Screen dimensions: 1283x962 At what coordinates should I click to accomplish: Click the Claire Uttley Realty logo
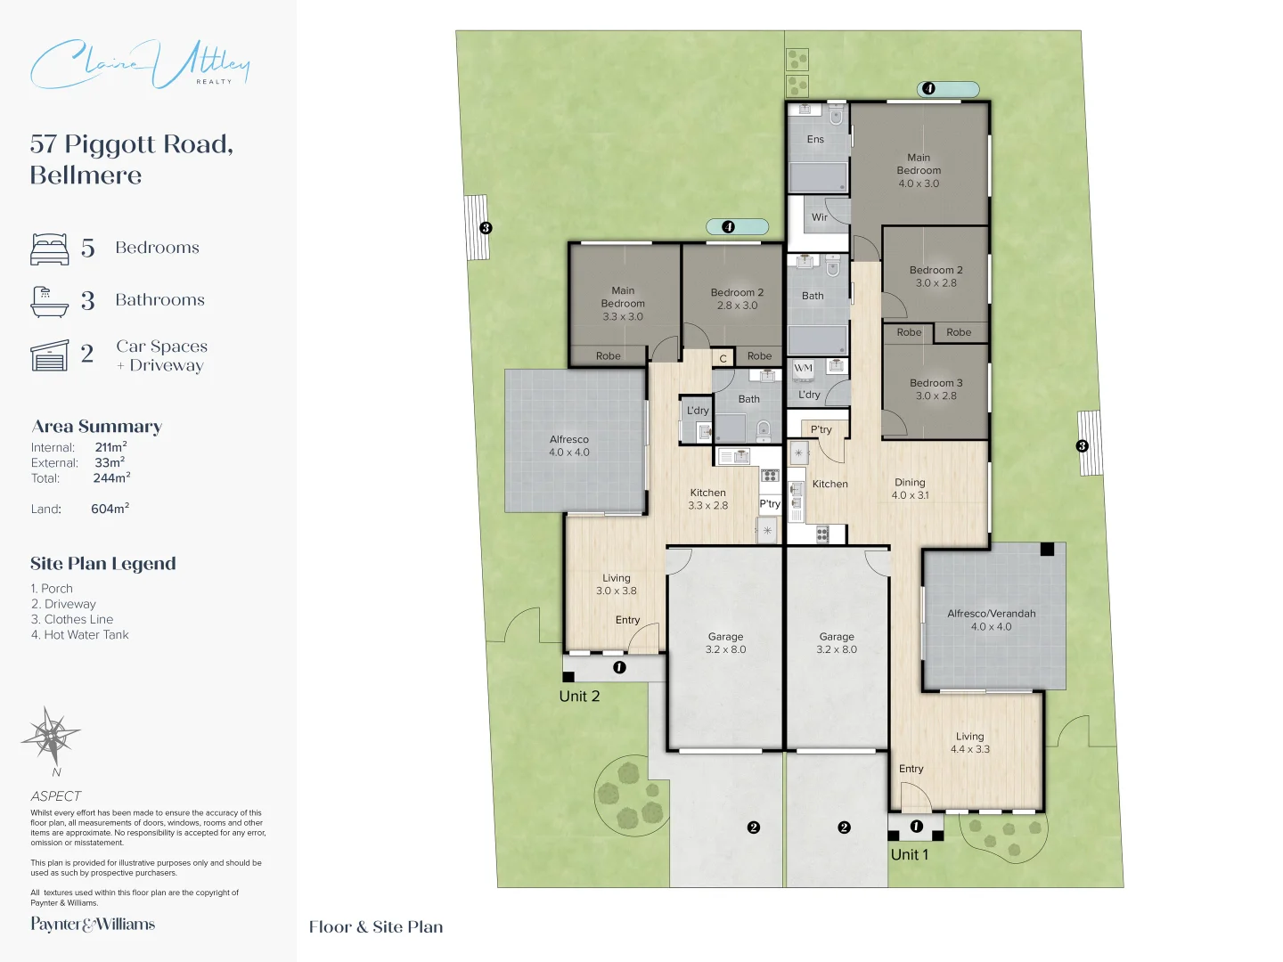pos(140,64)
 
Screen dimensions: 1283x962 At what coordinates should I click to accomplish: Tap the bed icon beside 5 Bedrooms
pos(50,249)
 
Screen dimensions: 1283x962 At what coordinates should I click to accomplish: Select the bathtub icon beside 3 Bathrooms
pos(50,301)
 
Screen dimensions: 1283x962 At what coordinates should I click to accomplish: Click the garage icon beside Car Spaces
pos(50,355)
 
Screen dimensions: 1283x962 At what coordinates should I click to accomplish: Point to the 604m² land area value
pos(110,508)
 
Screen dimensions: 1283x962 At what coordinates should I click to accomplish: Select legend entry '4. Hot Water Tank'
pos(79,634)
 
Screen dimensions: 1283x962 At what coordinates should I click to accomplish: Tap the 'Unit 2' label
pos(579,697)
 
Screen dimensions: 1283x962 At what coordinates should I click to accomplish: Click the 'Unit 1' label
pos(910,854)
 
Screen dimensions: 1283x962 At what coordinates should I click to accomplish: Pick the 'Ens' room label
pos(815,139)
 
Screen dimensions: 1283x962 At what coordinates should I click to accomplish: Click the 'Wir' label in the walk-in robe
pos(820,217)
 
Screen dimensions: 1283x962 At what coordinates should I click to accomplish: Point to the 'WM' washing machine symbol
pos(803,368)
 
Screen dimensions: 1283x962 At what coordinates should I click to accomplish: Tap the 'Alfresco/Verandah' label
pos(992,614)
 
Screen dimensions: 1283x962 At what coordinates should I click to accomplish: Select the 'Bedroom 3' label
pos(936,383)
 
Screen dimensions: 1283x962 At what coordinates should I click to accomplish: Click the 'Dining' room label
pos(910,483)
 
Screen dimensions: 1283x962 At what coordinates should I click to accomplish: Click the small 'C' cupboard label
pos(723,359)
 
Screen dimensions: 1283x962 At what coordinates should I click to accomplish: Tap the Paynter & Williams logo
pos(93,924)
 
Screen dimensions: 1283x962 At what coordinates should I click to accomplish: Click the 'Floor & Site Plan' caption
pos(376,927)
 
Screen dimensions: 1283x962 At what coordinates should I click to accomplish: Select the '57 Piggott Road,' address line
pos(132,144)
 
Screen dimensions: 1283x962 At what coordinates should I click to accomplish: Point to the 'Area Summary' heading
pos(96,427)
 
